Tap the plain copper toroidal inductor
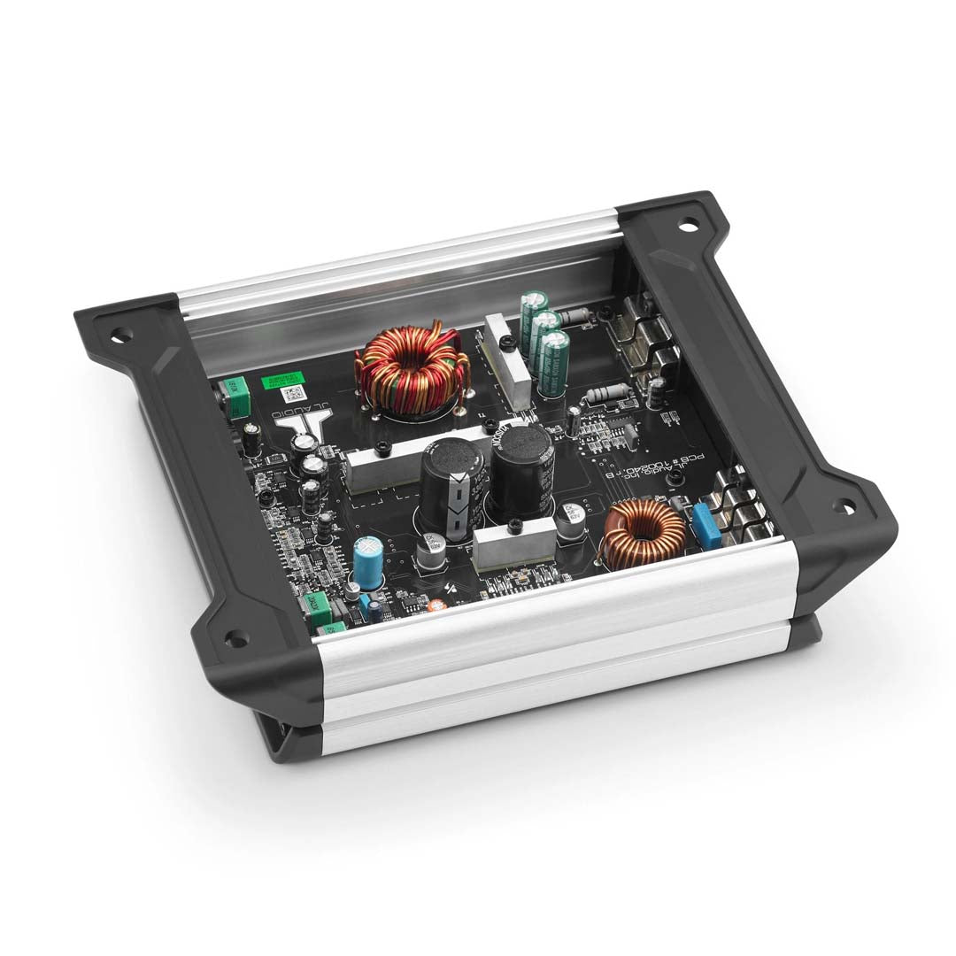[x=644, y=534]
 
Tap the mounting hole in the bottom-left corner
[x=235, y=636]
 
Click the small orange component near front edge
[x=436, y=607]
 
